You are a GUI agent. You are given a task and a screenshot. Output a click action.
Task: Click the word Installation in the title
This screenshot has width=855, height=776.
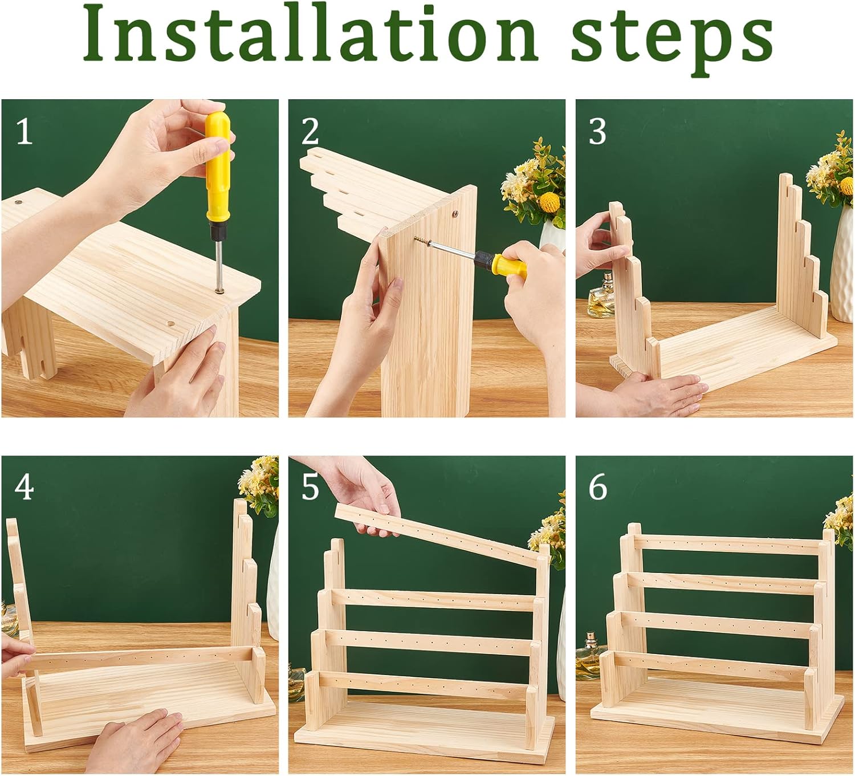tap(310, 39)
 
